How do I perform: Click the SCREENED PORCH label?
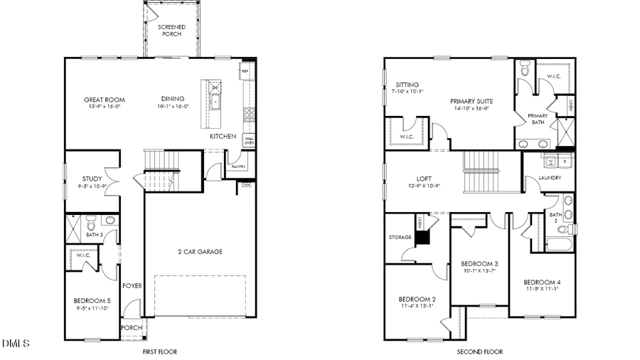[171, 31]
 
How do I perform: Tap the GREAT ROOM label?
[105, 100]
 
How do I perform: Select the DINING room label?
[173, 99]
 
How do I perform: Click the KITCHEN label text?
[223, 136]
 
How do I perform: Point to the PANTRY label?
[237, 167]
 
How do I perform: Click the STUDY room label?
[92, 179]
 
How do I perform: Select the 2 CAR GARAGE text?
[200, 251]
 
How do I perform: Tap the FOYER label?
[132, 285]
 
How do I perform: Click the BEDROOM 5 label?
[92, 301]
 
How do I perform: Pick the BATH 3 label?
[95, 234]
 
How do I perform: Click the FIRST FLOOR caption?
[159, 351]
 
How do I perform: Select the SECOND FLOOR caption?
[479, 351]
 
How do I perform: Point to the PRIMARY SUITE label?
[471, 102]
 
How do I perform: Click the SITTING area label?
[407, 85]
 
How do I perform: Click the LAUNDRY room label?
[550, 178]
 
